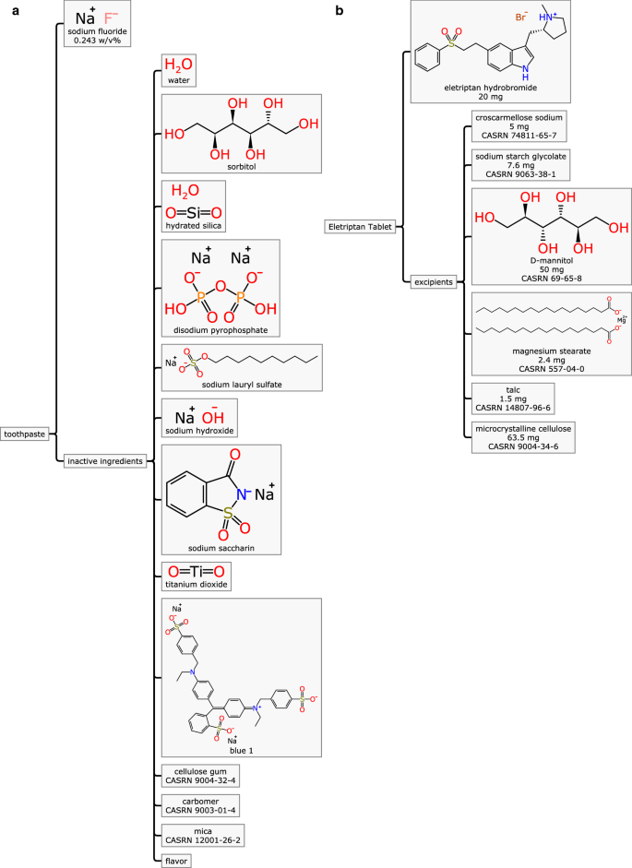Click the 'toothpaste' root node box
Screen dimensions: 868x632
(27, 434)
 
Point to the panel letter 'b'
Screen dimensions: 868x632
(340, 10)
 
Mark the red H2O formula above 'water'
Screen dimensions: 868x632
(178, 65)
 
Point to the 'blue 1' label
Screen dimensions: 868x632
(241, 750)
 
